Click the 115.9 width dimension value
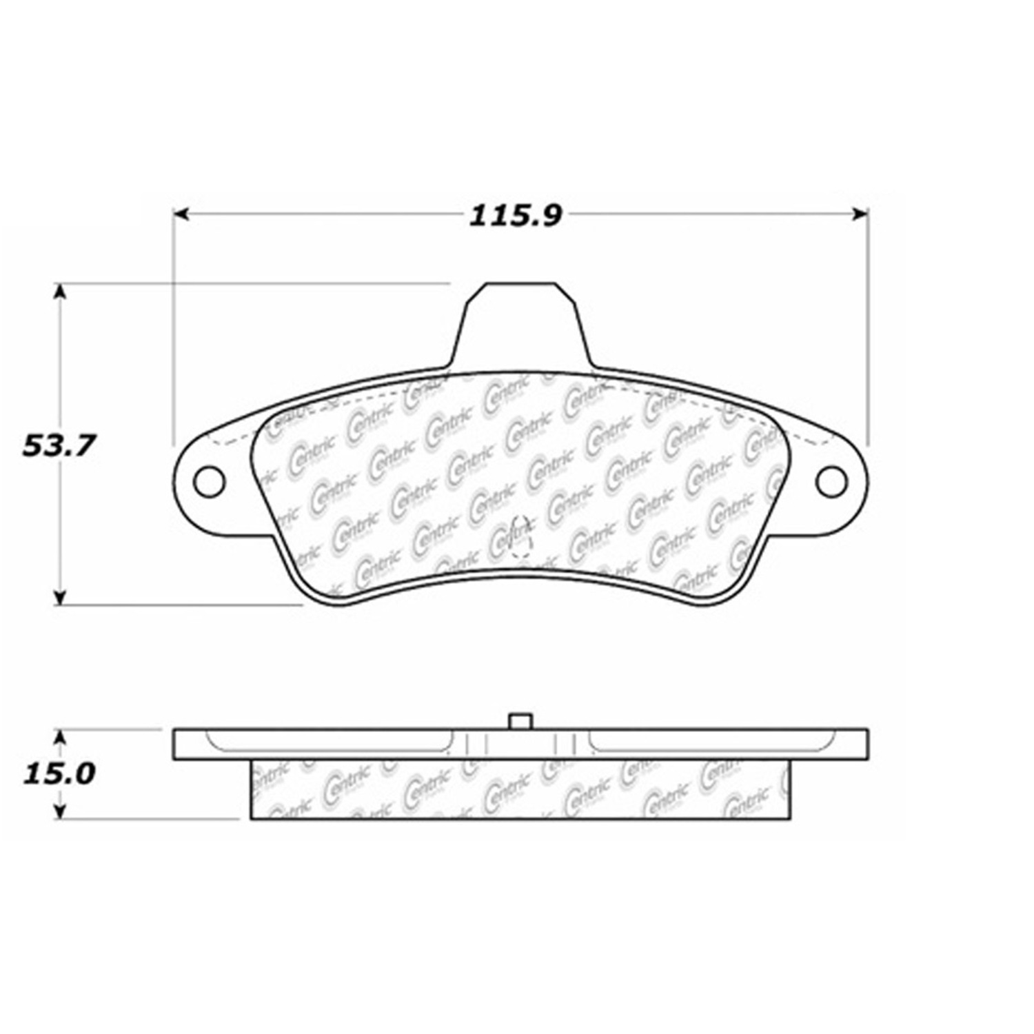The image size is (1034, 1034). pos(516,216)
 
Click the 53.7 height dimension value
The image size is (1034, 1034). pos(58,445)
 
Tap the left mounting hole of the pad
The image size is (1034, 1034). pos(209,481)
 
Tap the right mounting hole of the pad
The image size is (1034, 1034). pos(831,481)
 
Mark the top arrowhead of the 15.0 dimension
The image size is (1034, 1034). pos(61,738)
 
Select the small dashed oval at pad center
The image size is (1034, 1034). pos(521,536)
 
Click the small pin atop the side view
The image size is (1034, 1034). pos(520,721)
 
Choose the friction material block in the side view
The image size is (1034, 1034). pos(520,790)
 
